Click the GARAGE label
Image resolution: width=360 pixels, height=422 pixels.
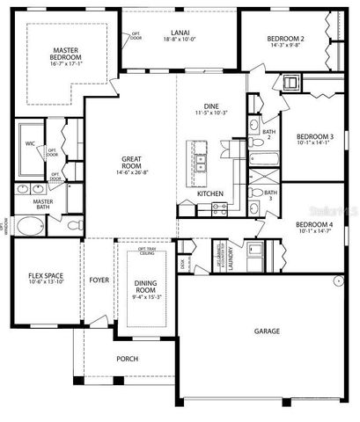(x=268, y=331)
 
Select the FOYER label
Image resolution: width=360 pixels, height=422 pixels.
(x=99, y=280)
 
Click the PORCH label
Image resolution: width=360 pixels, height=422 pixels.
(x=128, y=359)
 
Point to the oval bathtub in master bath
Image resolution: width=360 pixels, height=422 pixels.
(x=31, y=228)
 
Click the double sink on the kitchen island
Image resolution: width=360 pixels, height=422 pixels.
(x=200, y=162)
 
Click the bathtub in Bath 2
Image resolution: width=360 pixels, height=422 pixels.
(x=264, y=160)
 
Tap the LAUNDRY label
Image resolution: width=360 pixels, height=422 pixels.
(x=231, y=261)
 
